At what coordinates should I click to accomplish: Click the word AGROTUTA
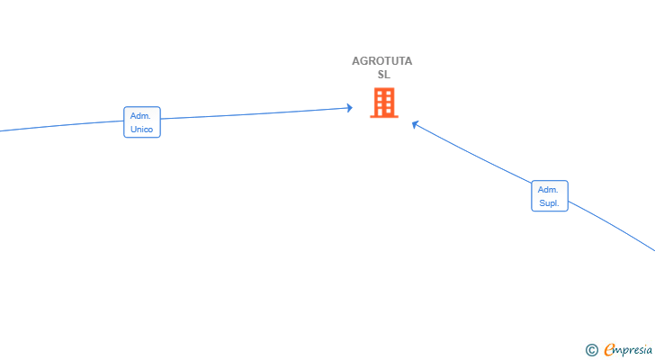(x=381, y=61)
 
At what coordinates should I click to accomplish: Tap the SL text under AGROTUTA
(x=384, y=75)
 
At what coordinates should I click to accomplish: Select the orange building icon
(x=384, y=103)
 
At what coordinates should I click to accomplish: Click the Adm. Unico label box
(x=142, y=121)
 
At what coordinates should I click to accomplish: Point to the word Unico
(x=141, y=130)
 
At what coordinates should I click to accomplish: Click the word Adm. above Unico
(x=140, y=116)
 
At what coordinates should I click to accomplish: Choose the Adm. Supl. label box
(x=550, y=196)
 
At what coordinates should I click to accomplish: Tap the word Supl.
(x=549, y=203)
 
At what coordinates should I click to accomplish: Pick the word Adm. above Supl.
(x=548, y=190)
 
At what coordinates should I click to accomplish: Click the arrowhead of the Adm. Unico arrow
(x=350, y=108)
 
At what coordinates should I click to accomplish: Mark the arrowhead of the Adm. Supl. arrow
(x=415, y=124)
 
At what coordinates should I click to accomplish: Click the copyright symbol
(x=591, y=350)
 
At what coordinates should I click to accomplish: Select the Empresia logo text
(x=628, y=349)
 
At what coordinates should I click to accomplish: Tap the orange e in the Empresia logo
(x=609, y=349)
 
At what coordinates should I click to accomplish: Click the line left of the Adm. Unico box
(x=62, y=126)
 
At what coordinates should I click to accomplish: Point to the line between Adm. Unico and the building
(x=255, y=113)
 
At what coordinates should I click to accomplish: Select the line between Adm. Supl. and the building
(x=472, y=153)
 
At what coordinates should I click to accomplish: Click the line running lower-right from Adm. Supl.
(x=611, y=225)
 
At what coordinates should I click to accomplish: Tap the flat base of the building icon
(x=384, y=117)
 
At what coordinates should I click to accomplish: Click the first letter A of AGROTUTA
(x=356, y=61)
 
